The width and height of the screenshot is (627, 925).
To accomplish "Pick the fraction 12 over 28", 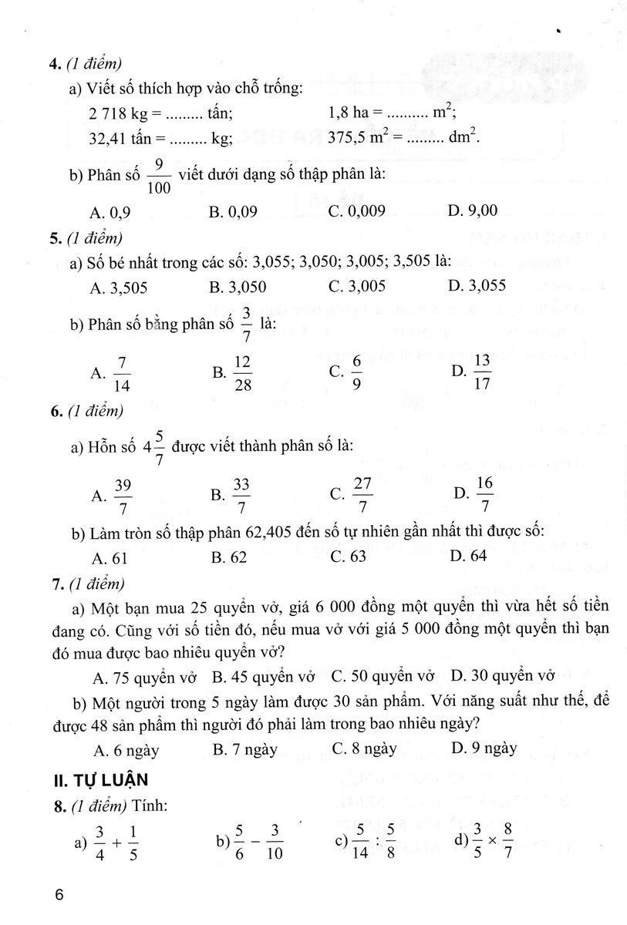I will coord(243,373).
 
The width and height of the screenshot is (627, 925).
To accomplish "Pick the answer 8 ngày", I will coord(364,748).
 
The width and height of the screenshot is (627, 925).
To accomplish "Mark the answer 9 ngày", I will coord(484,748).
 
